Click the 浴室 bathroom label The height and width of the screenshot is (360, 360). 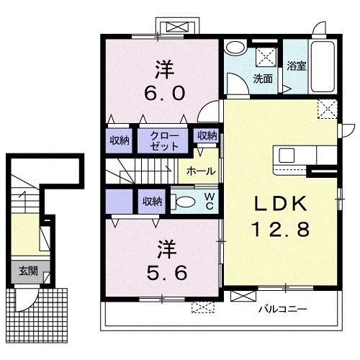pos(297,66)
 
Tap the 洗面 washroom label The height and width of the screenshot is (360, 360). pos(263,78)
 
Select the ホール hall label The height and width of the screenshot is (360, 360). pos(201,171)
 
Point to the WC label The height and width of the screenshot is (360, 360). pos(210,201)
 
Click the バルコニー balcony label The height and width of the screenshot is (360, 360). pos(283,309)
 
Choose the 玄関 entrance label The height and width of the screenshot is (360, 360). pos(29,271)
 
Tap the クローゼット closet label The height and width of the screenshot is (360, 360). pos(165,141)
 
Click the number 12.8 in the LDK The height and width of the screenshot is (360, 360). pos(280,230)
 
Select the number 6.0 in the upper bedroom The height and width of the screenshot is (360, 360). pos(165,93)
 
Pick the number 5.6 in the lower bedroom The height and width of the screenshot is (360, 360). pos(167,273)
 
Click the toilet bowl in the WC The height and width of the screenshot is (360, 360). pos(184,201)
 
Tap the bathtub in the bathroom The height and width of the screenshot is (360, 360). pos(323,66)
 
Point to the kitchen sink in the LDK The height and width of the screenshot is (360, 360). pos(287,156)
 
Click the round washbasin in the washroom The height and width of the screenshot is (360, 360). pos(235,48)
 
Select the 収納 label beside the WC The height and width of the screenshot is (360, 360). pos(152,201)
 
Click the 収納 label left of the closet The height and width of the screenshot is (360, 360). pos(120,140)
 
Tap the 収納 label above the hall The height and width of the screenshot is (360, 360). pos(207,135)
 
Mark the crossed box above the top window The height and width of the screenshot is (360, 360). pos(178,27)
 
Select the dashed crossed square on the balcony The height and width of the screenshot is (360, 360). pos(203,307)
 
